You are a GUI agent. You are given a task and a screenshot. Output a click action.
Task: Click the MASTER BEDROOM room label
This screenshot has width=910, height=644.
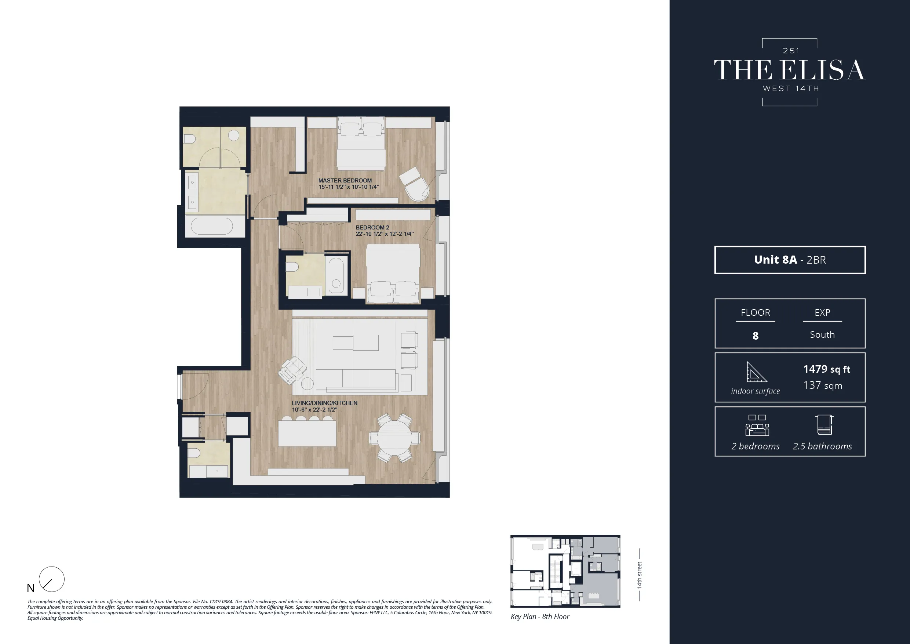[x=345, y=180]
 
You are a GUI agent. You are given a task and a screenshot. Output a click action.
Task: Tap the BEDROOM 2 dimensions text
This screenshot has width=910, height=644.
[x=385, y=234]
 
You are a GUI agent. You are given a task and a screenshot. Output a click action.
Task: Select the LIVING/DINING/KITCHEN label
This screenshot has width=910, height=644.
[x=325, y=403]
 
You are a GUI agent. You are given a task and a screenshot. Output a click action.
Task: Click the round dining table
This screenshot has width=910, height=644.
[x=394, y=438]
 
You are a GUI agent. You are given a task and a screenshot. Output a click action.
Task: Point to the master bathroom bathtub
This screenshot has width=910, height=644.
[x=212, y=227]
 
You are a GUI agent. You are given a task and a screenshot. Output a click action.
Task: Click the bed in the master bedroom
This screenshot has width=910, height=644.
[x=361, y=145]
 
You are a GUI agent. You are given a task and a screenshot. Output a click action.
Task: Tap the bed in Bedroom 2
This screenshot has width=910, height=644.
[x=393, y=274]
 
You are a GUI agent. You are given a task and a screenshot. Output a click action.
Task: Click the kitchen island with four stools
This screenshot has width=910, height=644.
[x=307, y=433]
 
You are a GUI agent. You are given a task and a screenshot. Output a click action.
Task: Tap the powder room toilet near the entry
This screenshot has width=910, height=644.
[x=194, y=453]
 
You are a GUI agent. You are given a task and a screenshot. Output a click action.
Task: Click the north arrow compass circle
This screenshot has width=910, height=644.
[x=51, y=579]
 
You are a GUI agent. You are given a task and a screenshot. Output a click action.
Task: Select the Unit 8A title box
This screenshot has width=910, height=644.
[x=790, y=260]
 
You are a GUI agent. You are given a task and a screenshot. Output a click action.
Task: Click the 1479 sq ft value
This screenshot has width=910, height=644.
[x=826, y=369]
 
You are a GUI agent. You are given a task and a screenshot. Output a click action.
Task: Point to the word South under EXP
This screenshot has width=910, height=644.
[x=822, y=335]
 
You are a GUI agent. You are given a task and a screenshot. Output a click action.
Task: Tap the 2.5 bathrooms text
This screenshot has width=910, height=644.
[x=822, y=446]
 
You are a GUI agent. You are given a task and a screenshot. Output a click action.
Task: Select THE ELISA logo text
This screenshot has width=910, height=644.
[x=790, y=70]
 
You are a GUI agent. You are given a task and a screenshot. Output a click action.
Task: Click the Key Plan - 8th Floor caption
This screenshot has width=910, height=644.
[x=539, y=616]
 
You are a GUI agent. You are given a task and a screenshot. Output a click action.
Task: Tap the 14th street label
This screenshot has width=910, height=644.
[x=639, y=575]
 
